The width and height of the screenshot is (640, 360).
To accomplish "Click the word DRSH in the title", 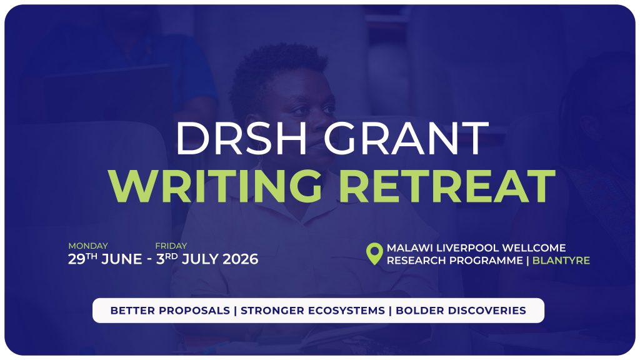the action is pyautogui.click(x=241, y=138).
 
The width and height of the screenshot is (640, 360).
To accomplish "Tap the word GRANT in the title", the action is pyautogui.click(x=406, y=138).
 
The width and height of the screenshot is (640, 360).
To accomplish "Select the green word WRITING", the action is pyautogui.click(x=215, y=186).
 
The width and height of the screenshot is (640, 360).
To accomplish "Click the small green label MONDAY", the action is pyautogui.click(x=88, y=246).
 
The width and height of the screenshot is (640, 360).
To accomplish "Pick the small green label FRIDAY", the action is pyautogui.click(x=171, y=246).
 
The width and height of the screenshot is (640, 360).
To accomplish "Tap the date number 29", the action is pyautogui.click(x=76, y=259).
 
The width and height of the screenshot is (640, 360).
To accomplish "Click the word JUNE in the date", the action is pyautogui.click(x=122, y=259).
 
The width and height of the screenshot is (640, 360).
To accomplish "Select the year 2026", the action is pyautogui.click(x=241, y=259).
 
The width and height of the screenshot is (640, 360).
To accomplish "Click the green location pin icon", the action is pyautogui.click(x=374, y=253).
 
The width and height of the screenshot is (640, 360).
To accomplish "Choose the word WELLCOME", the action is pyautogui.click(x=534, y=247).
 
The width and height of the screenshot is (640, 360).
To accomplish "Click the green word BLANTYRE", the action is pyautogui.click(x=561, y=261).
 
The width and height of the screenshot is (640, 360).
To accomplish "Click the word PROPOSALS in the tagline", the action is pyautogui.click(x=194, y=311).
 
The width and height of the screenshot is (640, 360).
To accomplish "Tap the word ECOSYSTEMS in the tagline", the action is pyautogui.click(x=346, y=311).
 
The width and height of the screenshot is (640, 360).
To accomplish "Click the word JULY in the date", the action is pyautogui.click(x=200, y=259).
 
